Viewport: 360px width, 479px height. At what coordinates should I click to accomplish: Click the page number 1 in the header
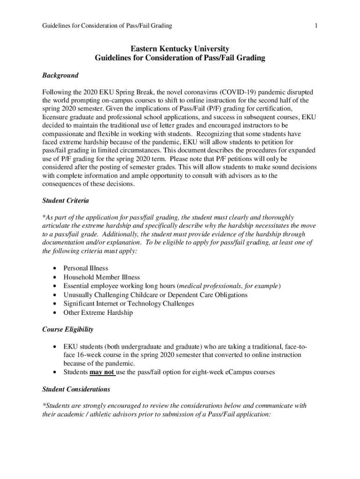317,26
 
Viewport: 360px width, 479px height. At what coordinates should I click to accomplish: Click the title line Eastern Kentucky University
180,49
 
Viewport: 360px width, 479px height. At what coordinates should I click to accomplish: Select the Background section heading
60,75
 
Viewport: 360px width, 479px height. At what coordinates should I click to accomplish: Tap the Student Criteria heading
65,200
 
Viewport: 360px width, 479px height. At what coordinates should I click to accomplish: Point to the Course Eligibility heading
68,329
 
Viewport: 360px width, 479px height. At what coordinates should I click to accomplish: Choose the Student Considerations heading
76,389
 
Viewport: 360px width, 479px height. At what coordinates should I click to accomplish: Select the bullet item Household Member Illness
101,277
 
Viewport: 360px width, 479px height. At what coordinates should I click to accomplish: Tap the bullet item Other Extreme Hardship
98,312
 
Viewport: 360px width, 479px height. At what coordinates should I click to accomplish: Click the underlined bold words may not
102,372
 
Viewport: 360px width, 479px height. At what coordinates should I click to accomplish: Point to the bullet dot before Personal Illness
56,269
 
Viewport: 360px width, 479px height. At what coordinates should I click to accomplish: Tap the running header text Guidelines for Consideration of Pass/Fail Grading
107,26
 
